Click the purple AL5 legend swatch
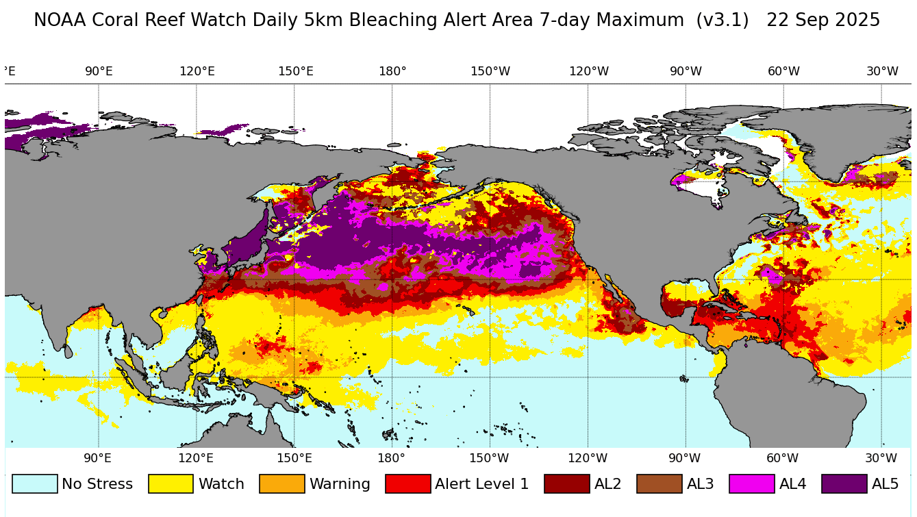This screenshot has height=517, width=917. [x=844, y=484]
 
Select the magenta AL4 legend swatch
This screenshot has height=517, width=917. [x=751, y=484]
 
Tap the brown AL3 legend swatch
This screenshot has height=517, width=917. [x=659, y=484]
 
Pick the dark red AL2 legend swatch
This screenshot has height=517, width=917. [x=566, y=484]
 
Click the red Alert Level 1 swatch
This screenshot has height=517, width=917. [x=407, y=484]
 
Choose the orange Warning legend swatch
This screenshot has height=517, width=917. [x=281, y=484]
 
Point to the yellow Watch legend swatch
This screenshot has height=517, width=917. [x=171, y=484]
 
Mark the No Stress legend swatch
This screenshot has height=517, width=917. [x=34, y=484]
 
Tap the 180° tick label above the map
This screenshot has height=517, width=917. [x=392, y=71]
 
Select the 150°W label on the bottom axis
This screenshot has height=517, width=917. [x=489, y=458]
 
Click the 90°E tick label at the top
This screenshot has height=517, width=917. [x=99, y=71]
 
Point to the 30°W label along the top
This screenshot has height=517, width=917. [x=882, y=71]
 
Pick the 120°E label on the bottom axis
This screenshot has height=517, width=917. [x=197, y=458]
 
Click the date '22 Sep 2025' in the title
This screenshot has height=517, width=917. [x=822, y=21]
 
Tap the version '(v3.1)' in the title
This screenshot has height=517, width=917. [x=722, y=21]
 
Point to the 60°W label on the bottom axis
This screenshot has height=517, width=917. [x=782, y=458]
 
